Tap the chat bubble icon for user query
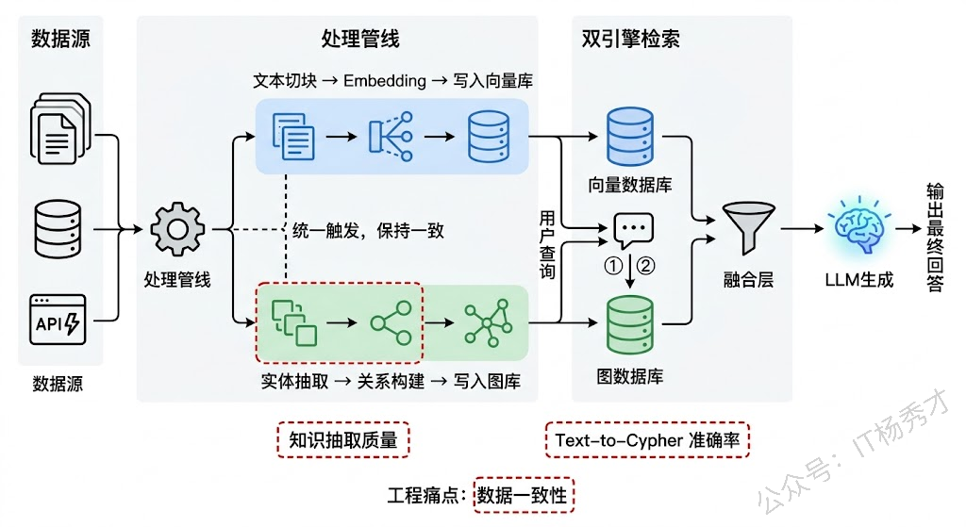(x=633, y=230)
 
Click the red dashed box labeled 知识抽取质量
(x=343, y=439)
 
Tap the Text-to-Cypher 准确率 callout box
(x=648, y=439)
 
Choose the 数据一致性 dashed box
(x=524, y=495)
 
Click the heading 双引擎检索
(x=630, y=39)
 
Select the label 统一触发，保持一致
(x=369, y=230)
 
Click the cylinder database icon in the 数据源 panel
(x=58, y=227)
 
